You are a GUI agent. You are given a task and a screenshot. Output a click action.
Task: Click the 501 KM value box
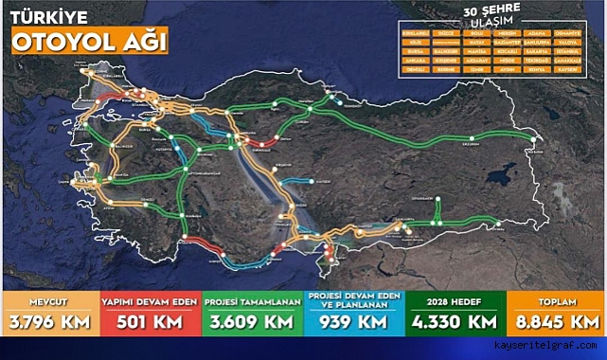pyautogui.click(x=149, y=321)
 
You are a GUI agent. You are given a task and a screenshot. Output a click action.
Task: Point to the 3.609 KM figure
pyautogui.click(x=251, y=321)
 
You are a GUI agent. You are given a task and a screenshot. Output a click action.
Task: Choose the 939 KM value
pyautogui.click(x=351, y=321)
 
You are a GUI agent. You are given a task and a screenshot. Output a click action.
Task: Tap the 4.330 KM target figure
pyautogui.click(x=454, y=321)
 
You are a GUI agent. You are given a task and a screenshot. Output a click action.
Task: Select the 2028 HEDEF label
pyautogui.click(x=454, y=300)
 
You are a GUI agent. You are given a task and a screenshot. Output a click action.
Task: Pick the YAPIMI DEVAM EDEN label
pyautogui.click(x=149, y=300)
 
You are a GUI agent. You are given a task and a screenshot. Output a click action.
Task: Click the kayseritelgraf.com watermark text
pyautogui.click(x=548, y=348)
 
